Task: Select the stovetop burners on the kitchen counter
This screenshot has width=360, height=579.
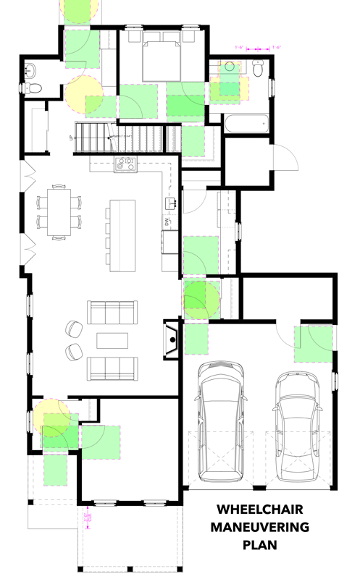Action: pos(125,164)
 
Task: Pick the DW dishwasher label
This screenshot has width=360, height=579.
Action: pos(166,223)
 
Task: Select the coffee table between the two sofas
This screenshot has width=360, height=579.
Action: pos(112,339)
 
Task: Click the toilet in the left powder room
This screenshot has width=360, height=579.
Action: pos(32,88)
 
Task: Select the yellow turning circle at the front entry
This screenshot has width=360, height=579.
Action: pos(52,418)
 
